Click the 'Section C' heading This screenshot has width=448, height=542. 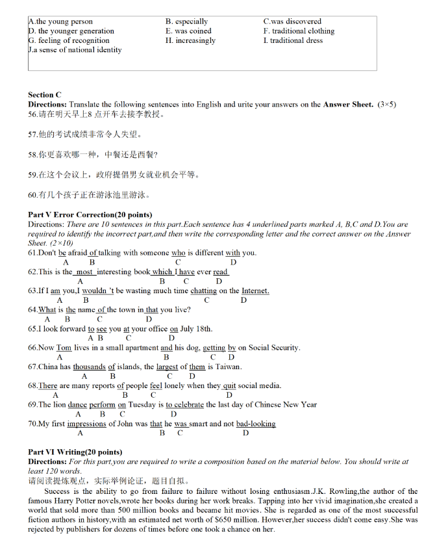(45, 95)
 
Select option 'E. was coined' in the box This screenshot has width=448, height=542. (188, 31)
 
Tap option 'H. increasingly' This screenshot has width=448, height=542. (190, 40)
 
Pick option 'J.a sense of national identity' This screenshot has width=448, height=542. (75, 50)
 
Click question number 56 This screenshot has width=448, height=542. (33, 114)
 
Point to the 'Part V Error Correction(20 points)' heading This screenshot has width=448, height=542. (90, 215)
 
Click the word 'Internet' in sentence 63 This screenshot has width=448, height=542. (255, 291)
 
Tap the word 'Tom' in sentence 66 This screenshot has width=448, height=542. (64, 348)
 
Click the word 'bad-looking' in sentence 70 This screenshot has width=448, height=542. (256, 424)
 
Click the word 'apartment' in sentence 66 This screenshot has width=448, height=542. (140, 348)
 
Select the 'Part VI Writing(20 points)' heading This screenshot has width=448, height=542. (75, 452)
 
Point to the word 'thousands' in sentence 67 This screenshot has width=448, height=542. (90, 367)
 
